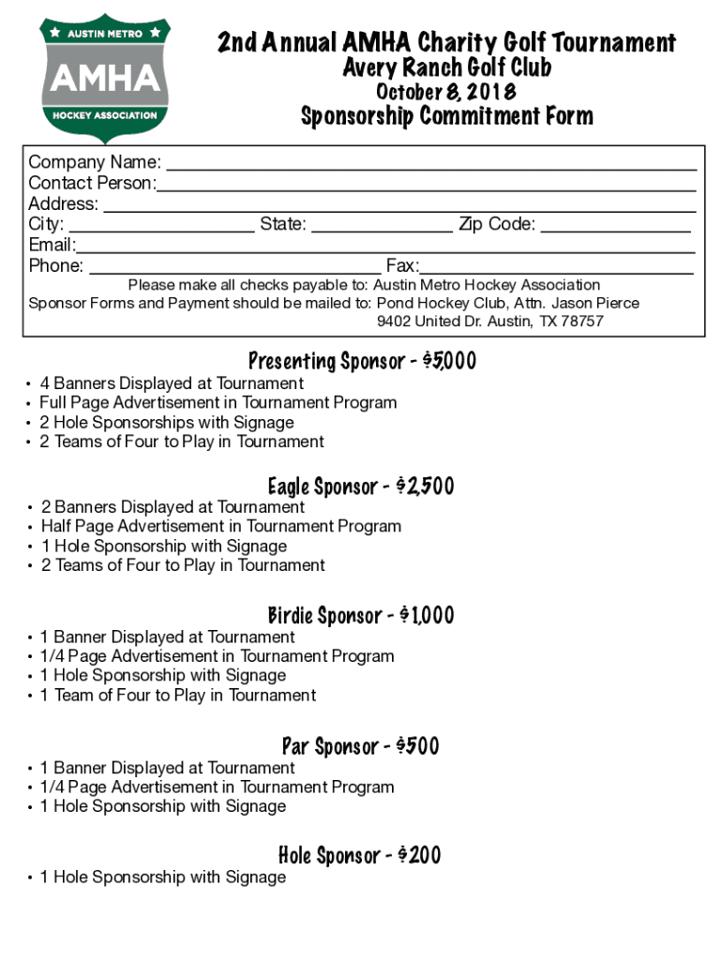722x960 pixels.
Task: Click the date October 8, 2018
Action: [445, 92]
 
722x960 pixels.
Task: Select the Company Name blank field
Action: [430, 164]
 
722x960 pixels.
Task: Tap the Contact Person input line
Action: [427, 185]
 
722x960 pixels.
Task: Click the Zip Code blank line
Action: [615, 226]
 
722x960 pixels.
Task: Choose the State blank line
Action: [382, 226]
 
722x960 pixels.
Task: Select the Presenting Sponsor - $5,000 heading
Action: [362, 361]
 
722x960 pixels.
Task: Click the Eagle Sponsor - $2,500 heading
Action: [361, 486]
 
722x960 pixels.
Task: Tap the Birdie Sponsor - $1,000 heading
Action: [361, 615]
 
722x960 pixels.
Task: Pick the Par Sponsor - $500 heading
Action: [361, 746]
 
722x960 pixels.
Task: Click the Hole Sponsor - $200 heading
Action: [361, 855]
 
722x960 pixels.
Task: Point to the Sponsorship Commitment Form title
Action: [446, 116]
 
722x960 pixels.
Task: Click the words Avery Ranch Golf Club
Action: [446, 67]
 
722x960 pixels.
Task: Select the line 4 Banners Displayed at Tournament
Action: [172, 383]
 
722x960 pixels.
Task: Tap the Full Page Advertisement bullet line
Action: [218, 402]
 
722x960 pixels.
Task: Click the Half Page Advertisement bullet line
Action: [220, 526]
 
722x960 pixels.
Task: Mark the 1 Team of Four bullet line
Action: [177, 695]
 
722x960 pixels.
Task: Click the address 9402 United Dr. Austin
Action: [489, 322]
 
